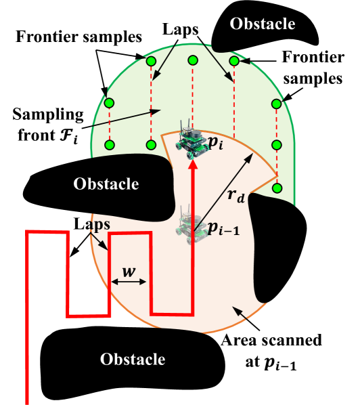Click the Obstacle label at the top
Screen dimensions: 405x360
click(x=263, y=24)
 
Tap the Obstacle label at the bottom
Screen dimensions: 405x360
click(x=133, y=359)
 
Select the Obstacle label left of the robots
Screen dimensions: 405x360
click(x=106, y=184)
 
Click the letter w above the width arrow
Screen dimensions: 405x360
click(x=129, y=272)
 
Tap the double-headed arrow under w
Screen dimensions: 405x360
click(x=129, y=282)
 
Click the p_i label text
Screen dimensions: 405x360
click(x=215, y=143)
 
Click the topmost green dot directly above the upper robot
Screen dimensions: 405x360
click(x=193, y=61)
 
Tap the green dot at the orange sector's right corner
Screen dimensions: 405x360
click(x=276, y=188)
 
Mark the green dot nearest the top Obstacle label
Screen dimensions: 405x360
click(x=234, y=61)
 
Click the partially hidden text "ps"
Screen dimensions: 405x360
click(x=99, y=223)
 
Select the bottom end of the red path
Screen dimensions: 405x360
click(x=28, y=401)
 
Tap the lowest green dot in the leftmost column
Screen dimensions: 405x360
click(x=110, y=145)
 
